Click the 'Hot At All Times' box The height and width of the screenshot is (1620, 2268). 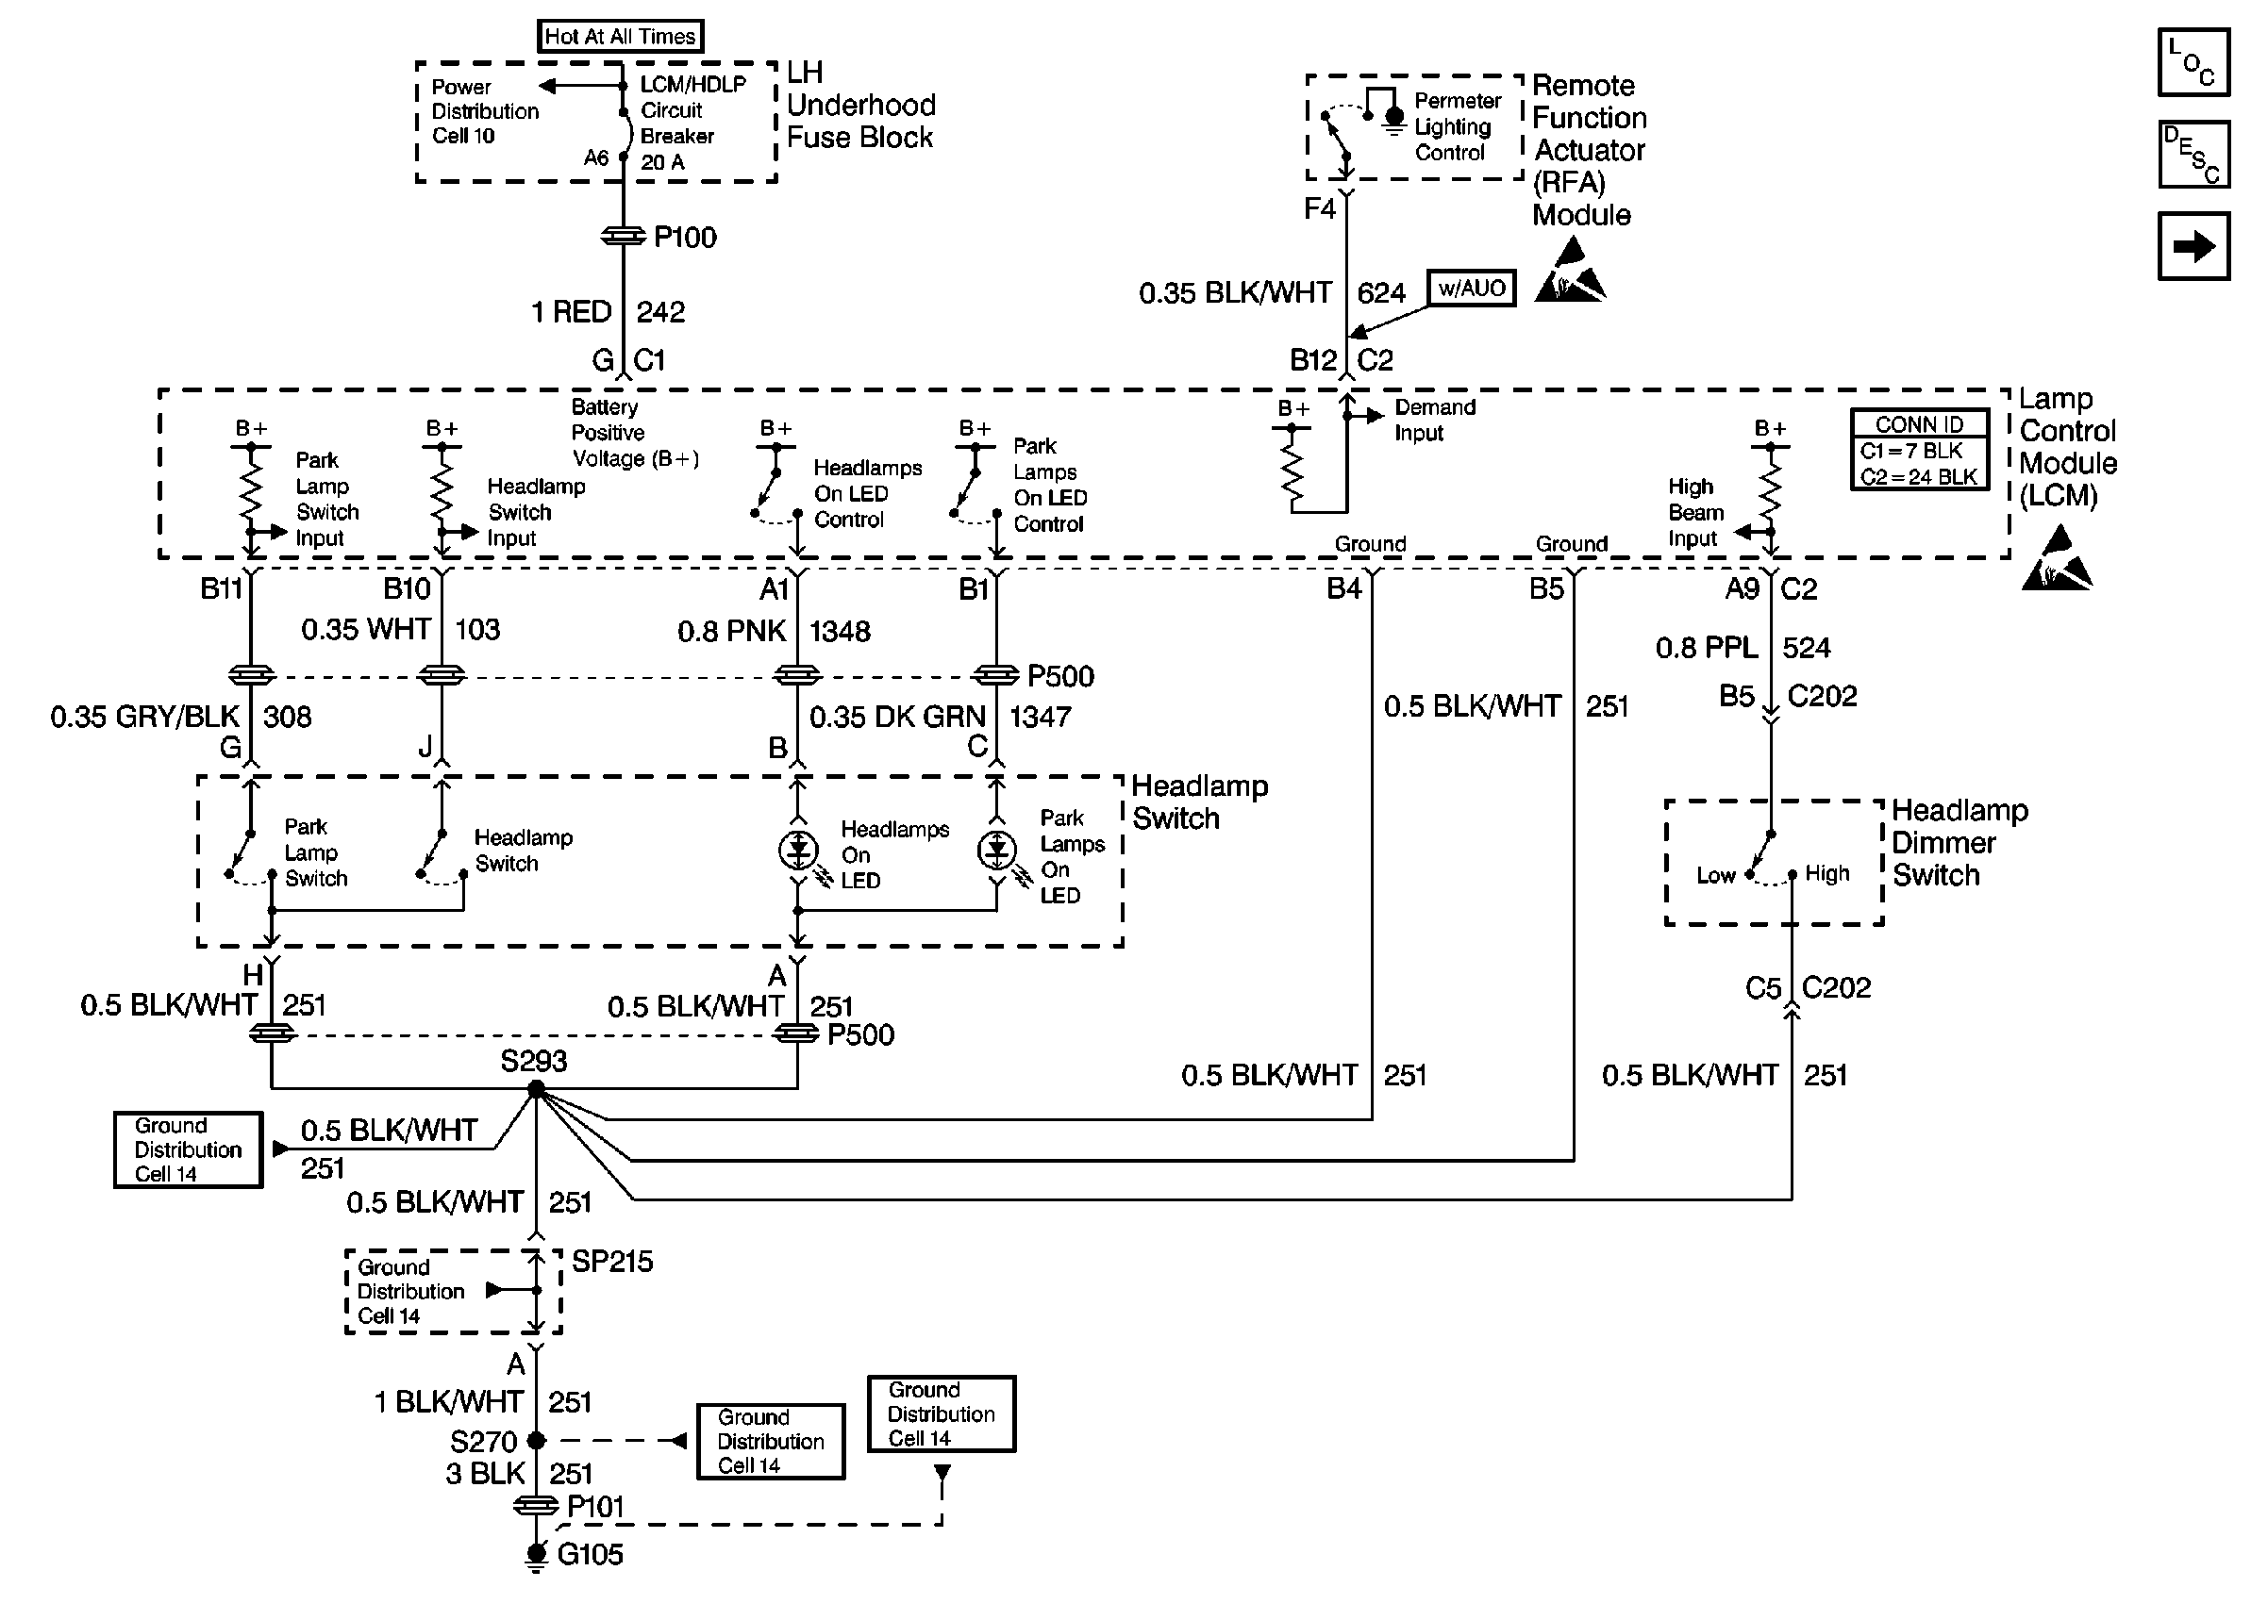coord(620,37)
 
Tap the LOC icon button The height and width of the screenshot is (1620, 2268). coord(2193,63)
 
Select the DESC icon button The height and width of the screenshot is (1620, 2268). coord(2193,155)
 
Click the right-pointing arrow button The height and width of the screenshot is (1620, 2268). coord(2193,246)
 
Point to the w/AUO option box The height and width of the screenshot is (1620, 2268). coord(1471,289)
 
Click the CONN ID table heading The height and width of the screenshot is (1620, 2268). coord(1919,424)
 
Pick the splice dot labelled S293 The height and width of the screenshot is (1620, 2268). coord(536,1089)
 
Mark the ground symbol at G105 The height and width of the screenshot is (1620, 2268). coord(536,1554)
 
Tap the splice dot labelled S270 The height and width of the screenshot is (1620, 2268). coord(536,1441)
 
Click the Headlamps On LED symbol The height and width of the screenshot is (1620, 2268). coord(798,850)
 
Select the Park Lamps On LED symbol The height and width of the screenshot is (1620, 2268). coord(997,850)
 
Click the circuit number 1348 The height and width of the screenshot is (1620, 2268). coord(839,632)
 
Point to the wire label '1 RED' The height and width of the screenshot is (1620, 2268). coord(571,312)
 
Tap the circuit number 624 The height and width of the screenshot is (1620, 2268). coord(1381,293)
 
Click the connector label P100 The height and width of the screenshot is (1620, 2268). coord(685,238)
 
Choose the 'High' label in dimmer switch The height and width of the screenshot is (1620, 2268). coord(1827,874)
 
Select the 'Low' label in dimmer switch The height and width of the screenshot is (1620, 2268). coord(1716,876)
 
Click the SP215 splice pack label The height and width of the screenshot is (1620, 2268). coord(611,1262)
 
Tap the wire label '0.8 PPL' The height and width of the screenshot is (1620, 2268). coord(1707,649)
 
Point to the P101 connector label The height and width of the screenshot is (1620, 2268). coord(594,1506)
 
